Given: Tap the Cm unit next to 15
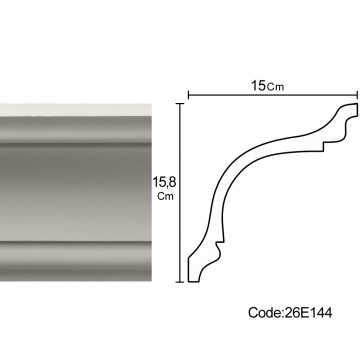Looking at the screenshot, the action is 275,87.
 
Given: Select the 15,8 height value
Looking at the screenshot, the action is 164,182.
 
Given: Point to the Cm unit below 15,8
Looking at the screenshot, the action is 166,196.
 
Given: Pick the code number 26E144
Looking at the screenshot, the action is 308,313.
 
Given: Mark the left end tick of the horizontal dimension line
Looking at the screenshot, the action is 189,95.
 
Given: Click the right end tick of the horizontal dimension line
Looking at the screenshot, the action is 357,95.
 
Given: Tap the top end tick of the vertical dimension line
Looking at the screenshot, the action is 180,104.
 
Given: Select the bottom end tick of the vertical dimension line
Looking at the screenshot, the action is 180,282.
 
